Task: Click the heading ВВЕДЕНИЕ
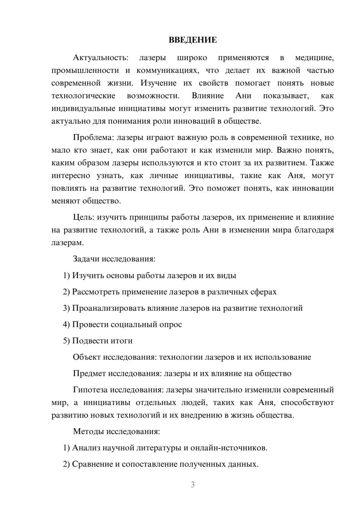pos(193,40)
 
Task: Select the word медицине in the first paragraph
pos(314,58)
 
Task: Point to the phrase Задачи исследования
pos(114,259)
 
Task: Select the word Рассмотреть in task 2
pos(96,292)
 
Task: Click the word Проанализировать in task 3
pos(107,308)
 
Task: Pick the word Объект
pos(87,357)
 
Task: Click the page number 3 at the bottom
pos(193,485)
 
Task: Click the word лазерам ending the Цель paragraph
pos(67,243)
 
